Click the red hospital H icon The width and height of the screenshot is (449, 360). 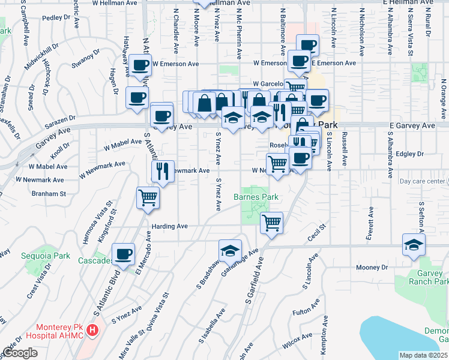[x=92, y=330]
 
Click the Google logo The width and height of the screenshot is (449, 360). [x=20, y=353]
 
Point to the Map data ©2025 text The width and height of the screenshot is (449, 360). [x=423, y=355]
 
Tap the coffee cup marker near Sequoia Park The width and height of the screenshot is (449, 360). [x=123, y=255]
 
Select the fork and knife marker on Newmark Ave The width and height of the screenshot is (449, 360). [x=162, y=172]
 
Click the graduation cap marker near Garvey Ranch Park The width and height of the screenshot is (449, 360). [x=414, y=245]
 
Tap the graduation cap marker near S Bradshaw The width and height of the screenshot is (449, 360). [x=229, y=251]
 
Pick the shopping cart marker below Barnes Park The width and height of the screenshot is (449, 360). [x=271, y=223]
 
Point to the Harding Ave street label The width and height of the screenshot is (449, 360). [x=170, y=226]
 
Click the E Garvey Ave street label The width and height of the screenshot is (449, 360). [x=411, y=126]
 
